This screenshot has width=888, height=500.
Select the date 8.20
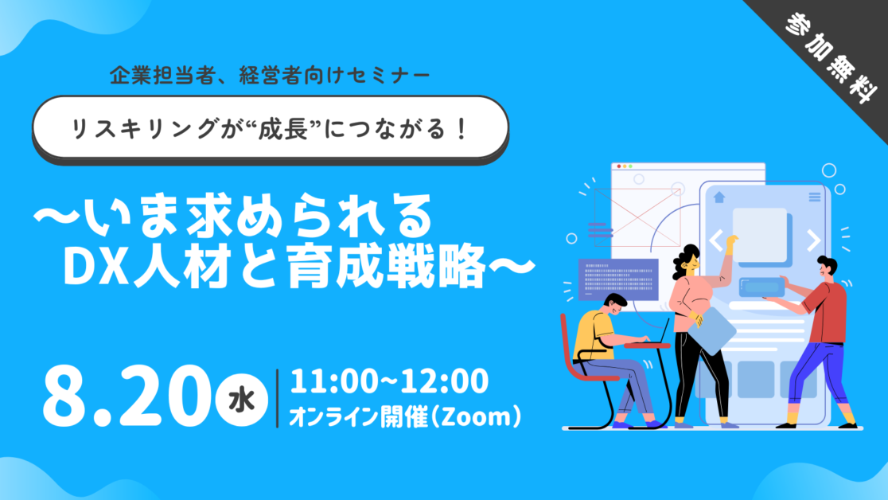(x=125, y=396)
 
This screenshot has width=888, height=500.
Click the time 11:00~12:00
(x=389, y=381)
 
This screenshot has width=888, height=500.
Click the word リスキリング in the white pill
(x=145, y=129)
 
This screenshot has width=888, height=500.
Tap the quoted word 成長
(x=289, y=129)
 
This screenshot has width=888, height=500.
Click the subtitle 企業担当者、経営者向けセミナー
(x=270, y=76)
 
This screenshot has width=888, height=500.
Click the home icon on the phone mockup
(x=719, y=197)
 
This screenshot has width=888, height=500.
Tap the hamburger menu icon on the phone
(x=814, y=197)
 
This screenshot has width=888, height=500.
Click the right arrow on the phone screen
(x=814, y=240)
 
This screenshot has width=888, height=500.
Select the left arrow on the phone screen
(x=716, y=240)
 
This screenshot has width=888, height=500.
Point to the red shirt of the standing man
(x=826, y=313)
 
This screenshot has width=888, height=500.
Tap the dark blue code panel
(x=618, y=279)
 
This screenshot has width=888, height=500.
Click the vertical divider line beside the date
(x=278, y=398)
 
